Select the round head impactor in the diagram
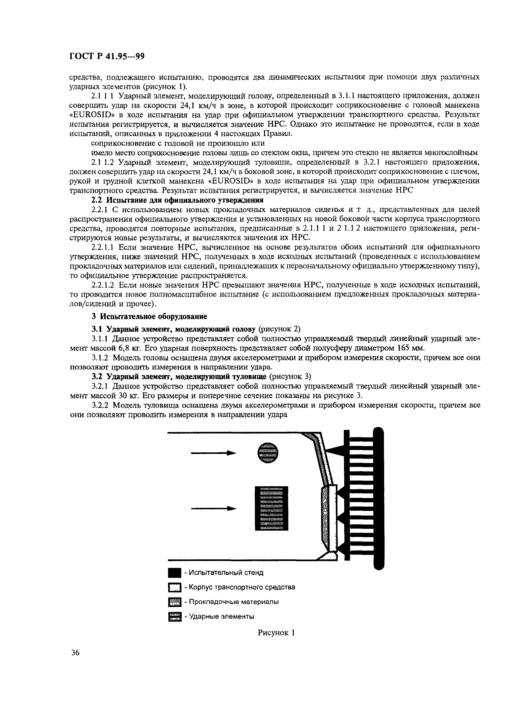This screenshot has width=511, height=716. pos(268,453)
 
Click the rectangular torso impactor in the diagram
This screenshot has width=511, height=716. pos(271,508)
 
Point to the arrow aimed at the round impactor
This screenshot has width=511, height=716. pos(214,453)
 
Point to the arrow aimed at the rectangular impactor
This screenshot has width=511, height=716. pos(214,508)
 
